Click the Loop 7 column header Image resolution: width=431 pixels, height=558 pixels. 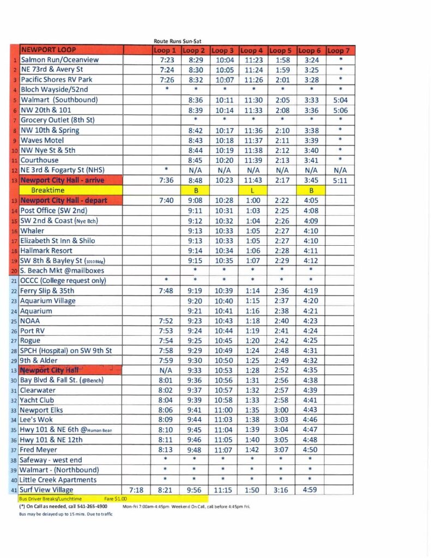[x=339, y=50]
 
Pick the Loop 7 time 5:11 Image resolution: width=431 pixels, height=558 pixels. [x=339, y=180]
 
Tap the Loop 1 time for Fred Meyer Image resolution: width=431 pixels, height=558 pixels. [x=166, y=450]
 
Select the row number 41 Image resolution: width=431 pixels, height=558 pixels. [x=15, y=490]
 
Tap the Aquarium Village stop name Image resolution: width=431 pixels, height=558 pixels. [x=48, y=301]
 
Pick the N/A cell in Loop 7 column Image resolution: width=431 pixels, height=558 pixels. [x=339, y=171]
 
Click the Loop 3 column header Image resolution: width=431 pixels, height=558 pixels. [x=224, y=50]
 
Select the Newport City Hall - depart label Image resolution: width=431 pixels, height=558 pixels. [x=64, y=201]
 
